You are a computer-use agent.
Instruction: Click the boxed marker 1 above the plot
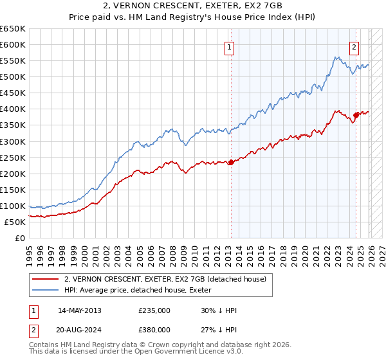(x=230, y=46)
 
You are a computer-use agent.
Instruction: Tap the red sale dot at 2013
(x=230, y=162)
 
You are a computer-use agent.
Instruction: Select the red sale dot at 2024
(x=355, y=115)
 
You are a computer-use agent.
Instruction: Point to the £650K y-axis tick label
(x=13, y=29)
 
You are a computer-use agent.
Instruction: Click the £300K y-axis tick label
(x=13, y=141)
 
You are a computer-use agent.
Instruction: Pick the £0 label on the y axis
(x=21, y=238)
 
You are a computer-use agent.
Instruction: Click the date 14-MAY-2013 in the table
(x=80, y=310)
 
